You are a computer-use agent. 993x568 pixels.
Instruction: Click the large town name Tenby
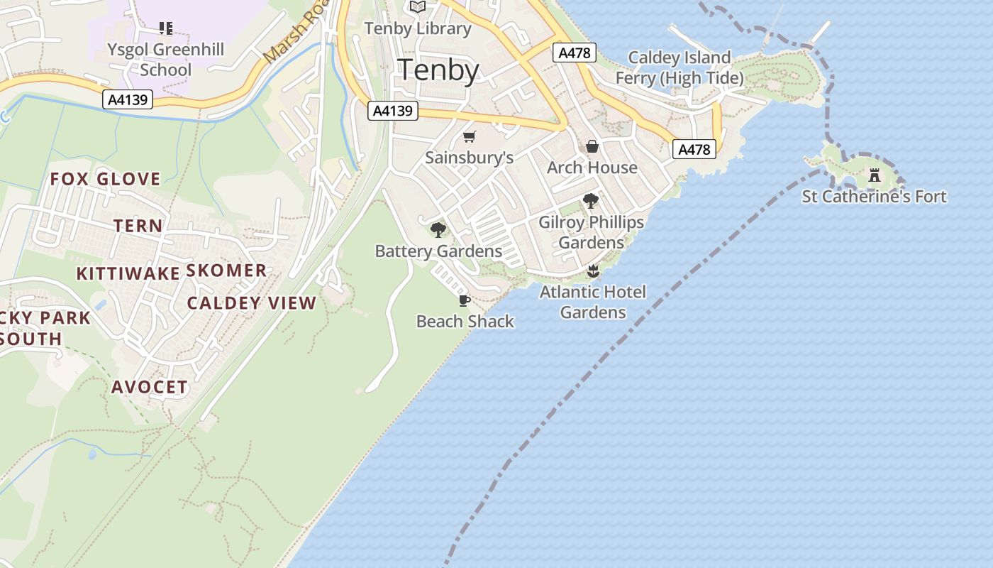pos(438,70)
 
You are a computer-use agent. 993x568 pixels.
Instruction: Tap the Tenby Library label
pos(418,28)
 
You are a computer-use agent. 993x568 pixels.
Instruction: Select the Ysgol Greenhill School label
pos(165,59)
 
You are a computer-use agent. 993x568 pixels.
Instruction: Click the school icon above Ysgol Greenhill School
pos(165,28)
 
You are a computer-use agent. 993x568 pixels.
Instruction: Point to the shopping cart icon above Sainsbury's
pos(469,136)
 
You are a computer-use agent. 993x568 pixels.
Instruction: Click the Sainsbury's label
pos(469,158)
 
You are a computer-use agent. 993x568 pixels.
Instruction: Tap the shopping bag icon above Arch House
pos(592,147)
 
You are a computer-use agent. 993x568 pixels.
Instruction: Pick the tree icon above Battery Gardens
pos(438,229)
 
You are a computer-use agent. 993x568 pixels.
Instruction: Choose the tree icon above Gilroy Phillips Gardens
pos(591,201)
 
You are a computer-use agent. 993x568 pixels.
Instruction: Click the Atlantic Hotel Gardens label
pos(593,302)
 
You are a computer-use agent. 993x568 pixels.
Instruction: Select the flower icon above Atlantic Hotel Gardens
pos(593,271)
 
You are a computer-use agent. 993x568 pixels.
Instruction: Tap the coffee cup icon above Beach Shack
pos(465,301)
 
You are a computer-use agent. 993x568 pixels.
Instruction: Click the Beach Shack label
pos(465,322)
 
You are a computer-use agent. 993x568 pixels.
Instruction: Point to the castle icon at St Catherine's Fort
pos(875,175)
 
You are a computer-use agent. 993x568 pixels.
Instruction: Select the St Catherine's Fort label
pos(874,197)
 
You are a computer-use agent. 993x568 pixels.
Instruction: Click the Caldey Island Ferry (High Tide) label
pos(679,67)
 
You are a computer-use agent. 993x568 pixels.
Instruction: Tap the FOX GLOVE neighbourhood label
pos(105,179)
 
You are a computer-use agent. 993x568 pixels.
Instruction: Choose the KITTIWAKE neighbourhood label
pos(128,274)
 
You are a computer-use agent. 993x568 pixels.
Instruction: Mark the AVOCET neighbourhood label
pos(150,388)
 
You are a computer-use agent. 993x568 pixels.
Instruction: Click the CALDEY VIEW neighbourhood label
pos(251,303)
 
